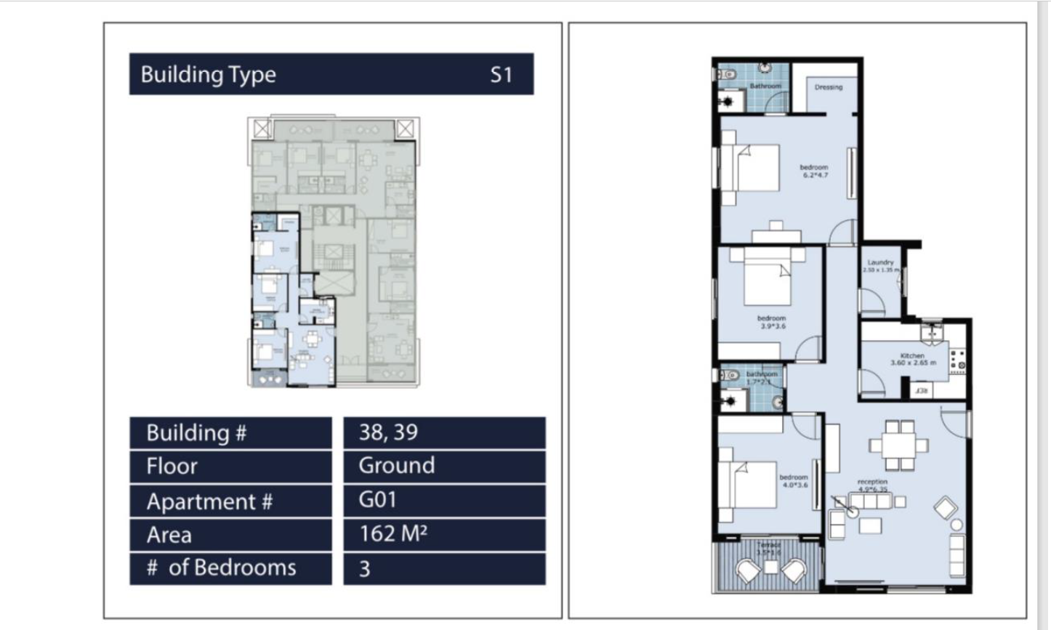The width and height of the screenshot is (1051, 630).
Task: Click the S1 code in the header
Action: pyautogui.click(x=501, y=75)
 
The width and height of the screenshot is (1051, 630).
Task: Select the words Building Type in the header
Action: pyautogui.click(x=208, y=75)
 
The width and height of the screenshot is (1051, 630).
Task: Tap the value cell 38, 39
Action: pyautogui.click(x=443, y=432)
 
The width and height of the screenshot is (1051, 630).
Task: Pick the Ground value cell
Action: pyautogui.click(x=443, y=466)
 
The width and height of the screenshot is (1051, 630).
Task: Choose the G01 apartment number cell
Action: pyautogui.click(x=443, y=500)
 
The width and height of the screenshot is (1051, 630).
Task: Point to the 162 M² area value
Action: pyautogui.click(x=443, y=534)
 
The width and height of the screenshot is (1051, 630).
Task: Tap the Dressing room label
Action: pyautogui.click(x=828, y=87)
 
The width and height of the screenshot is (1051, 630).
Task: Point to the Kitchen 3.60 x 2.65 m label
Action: pyautogui.click(x=913, y=359)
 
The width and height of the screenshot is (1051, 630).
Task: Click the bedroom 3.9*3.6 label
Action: pyautogui.click(x=771, y=322)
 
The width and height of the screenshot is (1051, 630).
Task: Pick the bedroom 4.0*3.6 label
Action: pyautogui.click(x=793, y=481)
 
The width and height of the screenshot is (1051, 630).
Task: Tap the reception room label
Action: pyautogui.click(x=872, y=485)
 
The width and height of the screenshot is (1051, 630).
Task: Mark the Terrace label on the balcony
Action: pyautogui.click(x=768, y=548)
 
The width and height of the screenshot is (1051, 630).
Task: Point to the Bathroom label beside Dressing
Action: pyautogui.click(x=765, y=86)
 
